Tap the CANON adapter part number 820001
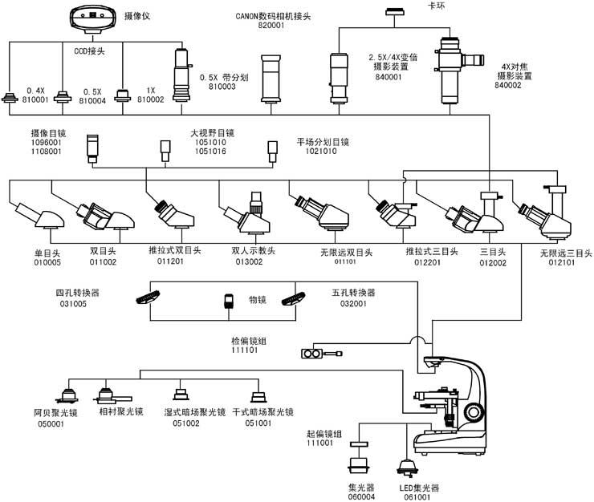coord(271,26)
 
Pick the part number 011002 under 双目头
coord(103,261)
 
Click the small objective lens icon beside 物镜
coord(229,302)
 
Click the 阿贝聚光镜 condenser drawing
coord(67,394)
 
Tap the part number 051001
coord(258,423)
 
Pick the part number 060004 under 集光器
coord(361,496)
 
